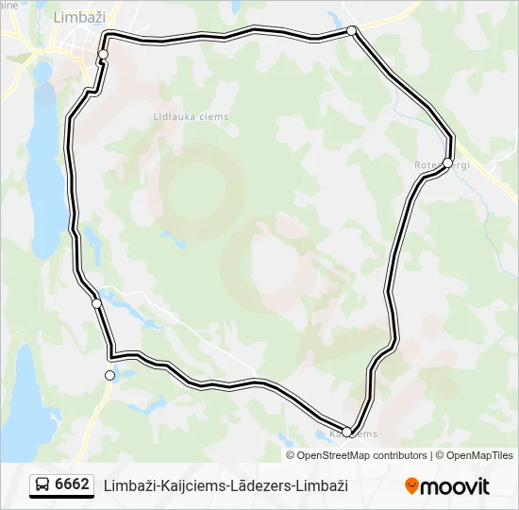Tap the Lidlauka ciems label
pos(191,117)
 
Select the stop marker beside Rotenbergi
pos(447,162)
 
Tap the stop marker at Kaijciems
pos(346,432)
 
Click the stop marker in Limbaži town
pos(103,54)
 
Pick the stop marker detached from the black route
pos(109,375)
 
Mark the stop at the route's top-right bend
pos(352,31)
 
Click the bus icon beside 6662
pos(42,485)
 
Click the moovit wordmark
pos(455,486)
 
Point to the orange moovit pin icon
pos(411,486)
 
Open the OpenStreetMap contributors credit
pos(362,455)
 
